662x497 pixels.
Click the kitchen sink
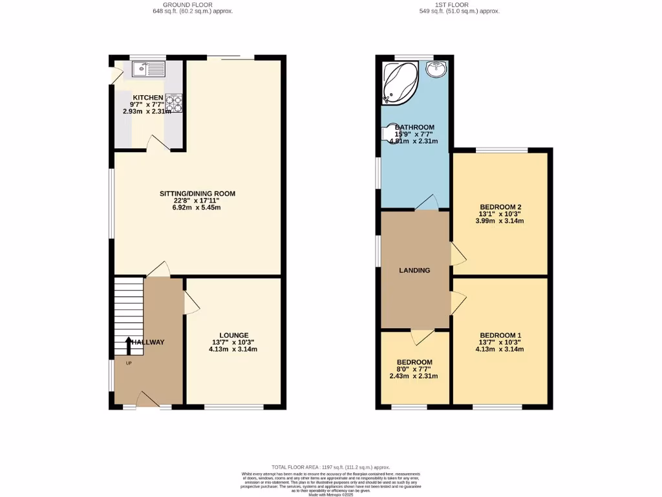[148, 67]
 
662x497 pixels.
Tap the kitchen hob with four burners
[173, 104]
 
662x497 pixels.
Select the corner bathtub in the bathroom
[399, 82]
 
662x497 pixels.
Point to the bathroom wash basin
[437, 68]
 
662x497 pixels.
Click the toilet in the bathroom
[390, 133]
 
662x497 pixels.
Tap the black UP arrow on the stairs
[129, 346]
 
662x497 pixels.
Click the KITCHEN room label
[148, 98]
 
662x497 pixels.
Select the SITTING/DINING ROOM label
[197, 193]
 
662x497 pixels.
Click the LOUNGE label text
[233, 335]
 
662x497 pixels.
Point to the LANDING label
[414, 271]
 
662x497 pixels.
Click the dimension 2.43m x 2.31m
[414, 376]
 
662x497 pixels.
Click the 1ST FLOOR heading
[459, 4]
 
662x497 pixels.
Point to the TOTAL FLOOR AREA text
[331, 467]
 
